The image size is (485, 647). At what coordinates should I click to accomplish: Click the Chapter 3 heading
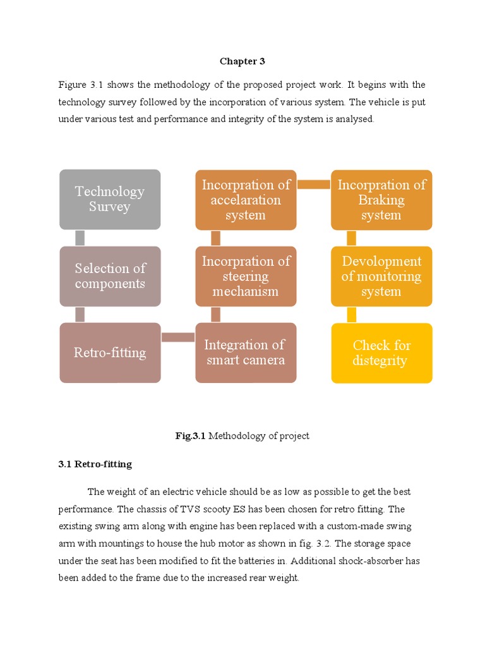point(242,61)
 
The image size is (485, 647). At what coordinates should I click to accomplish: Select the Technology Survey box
point(110,199)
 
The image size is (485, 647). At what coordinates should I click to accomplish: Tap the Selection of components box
point(110,276)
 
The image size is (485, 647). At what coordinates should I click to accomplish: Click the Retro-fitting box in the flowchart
point(110,353)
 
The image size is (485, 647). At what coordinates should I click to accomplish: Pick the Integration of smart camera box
point(246,353)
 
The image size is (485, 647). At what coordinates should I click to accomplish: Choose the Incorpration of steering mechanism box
point(246,276)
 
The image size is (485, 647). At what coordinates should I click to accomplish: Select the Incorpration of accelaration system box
point(246,199)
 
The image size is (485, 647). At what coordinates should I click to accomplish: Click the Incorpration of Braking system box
point(381,199)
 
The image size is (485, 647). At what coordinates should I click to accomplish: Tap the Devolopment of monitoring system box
point(381,276)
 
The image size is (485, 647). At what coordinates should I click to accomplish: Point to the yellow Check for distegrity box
point(381,353)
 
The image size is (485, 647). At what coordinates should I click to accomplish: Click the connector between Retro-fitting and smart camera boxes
point(177,337)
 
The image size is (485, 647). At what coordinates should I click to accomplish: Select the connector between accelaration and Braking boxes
point(314,184)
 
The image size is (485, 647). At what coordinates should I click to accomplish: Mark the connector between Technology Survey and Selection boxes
point(80,238)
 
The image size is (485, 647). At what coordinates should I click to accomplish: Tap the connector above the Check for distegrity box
point(352,315)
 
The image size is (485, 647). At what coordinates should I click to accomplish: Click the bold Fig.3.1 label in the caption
point(191,436)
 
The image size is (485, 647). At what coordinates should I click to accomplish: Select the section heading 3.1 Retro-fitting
point(95,464)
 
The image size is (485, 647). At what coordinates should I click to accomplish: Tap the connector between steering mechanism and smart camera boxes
point(215,315)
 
